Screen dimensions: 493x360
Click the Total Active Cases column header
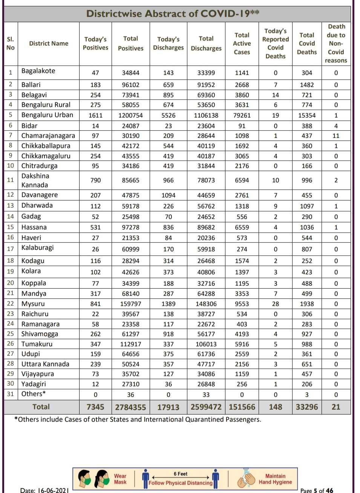pyautogui.click(x=242, y=43)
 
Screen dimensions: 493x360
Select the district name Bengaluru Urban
pyautogui.click(x=47, y=115)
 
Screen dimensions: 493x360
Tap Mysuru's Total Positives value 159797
pyautogui.click(x=130, y=304)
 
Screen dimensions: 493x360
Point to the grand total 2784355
pyautogui.click(x=130, y=407)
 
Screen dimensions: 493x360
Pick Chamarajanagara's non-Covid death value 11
pyautogui.click(x=335, y=136)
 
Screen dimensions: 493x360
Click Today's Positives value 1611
pyautogui.click(x=95, y=115)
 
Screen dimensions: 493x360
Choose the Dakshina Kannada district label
pyautogui.click(x=35, y=180)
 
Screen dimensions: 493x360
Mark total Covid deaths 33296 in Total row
pyautogui.click(x=306, y=407)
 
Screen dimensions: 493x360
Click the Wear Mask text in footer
pyautogui.click(x=120, y=479)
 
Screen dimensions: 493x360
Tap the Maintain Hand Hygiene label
pyautogui.click(x=275, y=479)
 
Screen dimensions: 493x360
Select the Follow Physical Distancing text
pyautogui.click(x=180, y=483)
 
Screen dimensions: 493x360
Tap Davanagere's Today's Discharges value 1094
pyautogui.click(x=168, y=195)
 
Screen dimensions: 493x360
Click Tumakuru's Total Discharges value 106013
pyautogui.click(x=206, y=344)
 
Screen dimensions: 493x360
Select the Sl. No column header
pyautogui.click(x=11, y=43)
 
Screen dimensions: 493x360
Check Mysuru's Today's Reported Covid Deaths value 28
pyautogui.click(x=275, y=304)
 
